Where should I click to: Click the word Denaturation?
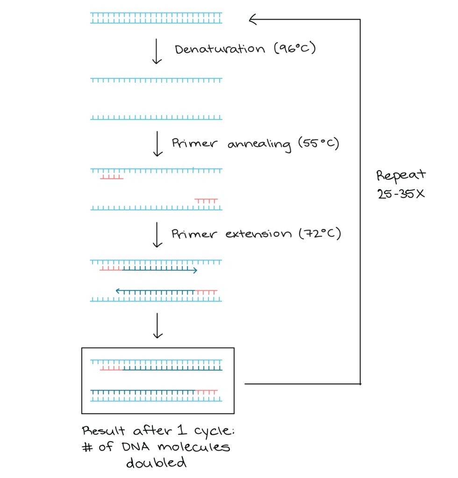tap(220, 49)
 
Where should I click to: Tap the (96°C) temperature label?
tap(295, 48)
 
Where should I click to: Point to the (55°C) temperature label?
tap(319, 143)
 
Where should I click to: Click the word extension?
tap(258, 234)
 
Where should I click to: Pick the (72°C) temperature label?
tap(320, 233)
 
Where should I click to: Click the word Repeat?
tap(401, 176)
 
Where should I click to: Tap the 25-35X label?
tap(401, 194)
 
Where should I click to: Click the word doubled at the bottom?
tap(156, 463)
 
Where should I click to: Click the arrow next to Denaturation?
tap(157, 51)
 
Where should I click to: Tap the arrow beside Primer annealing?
tap(157, 144)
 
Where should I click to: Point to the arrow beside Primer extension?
tap(157, 234)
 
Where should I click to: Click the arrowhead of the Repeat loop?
tap(253, 20)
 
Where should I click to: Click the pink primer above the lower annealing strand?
tap(206, 201)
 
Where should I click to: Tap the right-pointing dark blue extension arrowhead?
tap(195, 270)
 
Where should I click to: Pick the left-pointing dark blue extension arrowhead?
tap(118, 291)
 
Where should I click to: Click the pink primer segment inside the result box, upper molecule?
tap(111, 368)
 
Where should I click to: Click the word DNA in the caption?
tap(136, 447)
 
